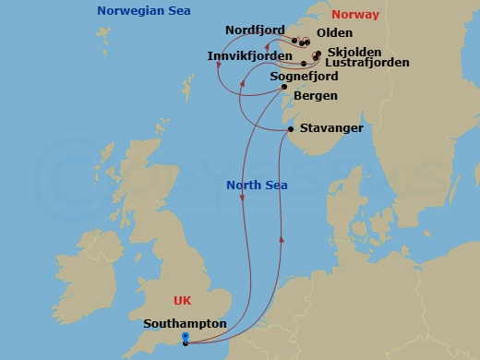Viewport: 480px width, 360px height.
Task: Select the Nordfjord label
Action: (x=254, y=30)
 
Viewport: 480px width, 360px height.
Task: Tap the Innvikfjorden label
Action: (x=250, y=57)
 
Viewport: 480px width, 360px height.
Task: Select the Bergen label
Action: (x=315, y=96)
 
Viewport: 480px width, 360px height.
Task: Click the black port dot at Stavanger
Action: (x=291, y=129)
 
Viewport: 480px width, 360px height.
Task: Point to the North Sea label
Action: (x=257, y=186)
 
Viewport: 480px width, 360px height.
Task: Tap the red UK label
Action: (x=184, y=301)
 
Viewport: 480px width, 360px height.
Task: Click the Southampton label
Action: (x=185, y=324)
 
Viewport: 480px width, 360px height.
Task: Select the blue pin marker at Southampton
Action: (x=186, y=338)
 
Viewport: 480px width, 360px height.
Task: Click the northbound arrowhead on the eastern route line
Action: (x=280, y=239)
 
